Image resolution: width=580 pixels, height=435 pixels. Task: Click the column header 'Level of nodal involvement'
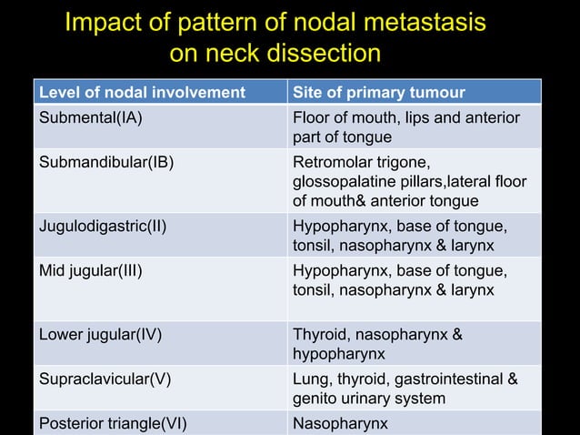point(141,93)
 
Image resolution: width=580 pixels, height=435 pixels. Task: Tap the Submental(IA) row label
point(90,117)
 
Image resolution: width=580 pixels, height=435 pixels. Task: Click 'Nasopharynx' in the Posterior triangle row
point(340,423)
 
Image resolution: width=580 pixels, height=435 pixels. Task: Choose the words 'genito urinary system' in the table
point(368,398)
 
